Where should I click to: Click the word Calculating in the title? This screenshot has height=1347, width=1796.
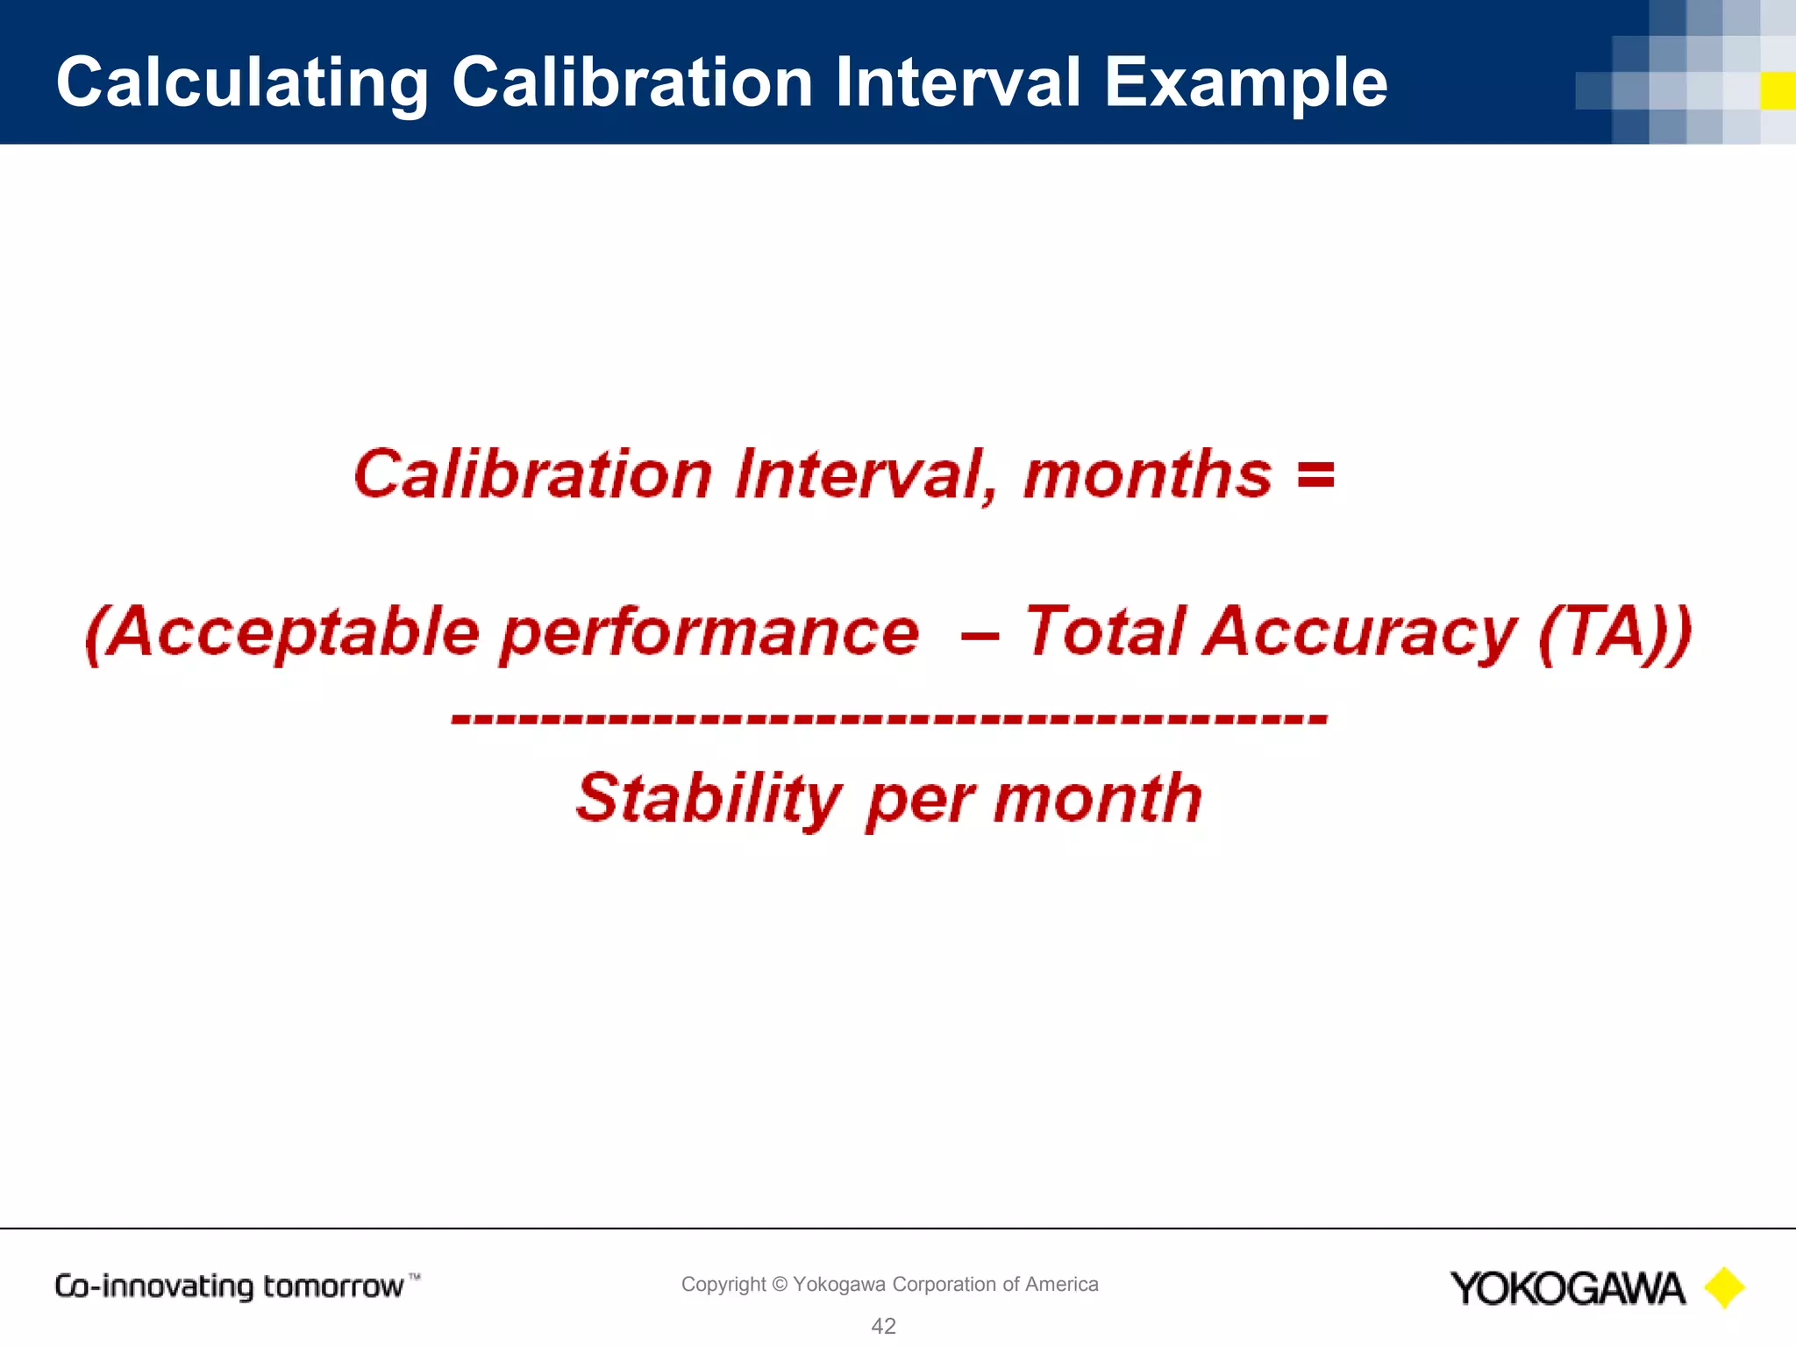pyautogui.click(x=242, y=83)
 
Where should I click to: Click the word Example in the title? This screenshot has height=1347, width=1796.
pyautogui.click(x=1245, y=83)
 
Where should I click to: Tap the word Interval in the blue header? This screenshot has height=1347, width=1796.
pyautogui.click(x=958, y=82)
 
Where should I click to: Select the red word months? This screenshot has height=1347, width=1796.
pyautogui.click(x=1147, y=474)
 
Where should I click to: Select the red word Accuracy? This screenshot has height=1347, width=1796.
pyautogui.click(x=1359, y=633)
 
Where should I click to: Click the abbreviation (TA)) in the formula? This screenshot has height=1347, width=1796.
pyautogui.click(x=1614, y=633)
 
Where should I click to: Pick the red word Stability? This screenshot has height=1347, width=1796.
pyautogui.click(x=709, y=800)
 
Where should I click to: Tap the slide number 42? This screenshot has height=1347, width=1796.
pyautogui.click(x=883, y=1326)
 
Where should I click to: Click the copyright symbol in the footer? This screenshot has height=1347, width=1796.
pyautogui.click(x=780, y=1285)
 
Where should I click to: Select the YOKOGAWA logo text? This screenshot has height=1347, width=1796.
pyautogui.click(x=1567, y=1288)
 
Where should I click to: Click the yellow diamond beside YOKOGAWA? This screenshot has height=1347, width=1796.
pyautogui.click(x=1724, y=1288)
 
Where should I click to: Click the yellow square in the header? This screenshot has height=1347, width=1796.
pyautogui.click(x=1778, y=91)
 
